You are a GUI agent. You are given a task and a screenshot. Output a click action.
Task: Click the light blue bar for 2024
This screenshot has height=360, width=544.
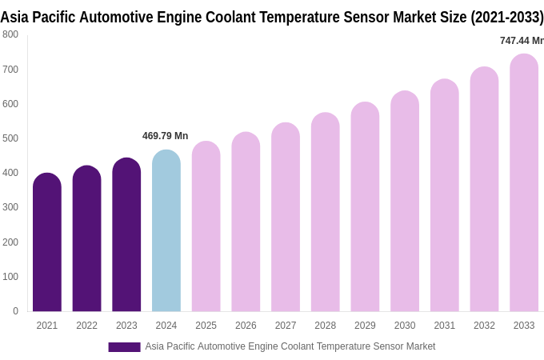click(x=166, y=232)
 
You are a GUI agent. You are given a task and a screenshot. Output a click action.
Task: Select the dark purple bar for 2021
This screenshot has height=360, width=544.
click(x=47, y=243)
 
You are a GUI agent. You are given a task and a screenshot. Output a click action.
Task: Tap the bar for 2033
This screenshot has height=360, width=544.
click(x=524, y=184)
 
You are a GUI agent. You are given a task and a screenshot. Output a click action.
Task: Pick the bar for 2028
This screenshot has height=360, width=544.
click(x=326, y=213)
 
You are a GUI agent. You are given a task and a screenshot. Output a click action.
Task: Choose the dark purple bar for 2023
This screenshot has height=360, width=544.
click(x=126, y=236)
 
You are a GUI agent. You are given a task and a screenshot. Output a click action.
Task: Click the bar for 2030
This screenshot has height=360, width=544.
click(x=405, y=202)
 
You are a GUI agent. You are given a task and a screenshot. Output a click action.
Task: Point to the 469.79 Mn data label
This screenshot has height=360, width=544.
click(x=165, y=136)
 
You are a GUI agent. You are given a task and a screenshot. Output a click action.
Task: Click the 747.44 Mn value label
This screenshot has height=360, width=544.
click(x=521, y=41)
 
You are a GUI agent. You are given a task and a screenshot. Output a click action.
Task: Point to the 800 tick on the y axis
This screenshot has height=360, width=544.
click(x=10, y=34)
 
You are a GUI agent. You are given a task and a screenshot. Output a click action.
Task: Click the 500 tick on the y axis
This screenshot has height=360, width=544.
click(x=10, y=138)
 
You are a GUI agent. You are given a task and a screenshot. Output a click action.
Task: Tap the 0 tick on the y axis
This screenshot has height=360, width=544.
click(x=15, y=311)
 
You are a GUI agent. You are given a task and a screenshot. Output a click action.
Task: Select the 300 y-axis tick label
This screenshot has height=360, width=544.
click(x=10, y=207)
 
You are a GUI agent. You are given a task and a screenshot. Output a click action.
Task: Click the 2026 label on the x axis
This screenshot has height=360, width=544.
click(x=246, y=326)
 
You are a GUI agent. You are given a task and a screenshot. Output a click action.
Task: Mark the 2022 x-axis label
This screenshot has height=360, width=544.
click(x=86, y=326)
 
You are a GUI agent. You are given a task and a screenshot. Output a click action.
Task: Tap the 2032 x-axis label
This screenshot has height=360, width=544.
click(x=484, y=326)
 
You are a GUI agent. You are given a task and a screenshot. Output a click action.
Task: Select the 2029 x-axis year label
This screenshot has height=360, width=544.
click(x=365, y=326)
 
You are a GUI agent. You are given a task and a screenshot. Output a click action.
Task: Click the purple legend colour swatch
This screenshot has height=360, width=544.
click(x=124, y=347)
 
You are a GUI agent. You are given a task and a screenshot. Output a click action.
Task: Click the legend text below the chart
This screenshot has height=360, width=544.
click(x=290, y=346)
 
